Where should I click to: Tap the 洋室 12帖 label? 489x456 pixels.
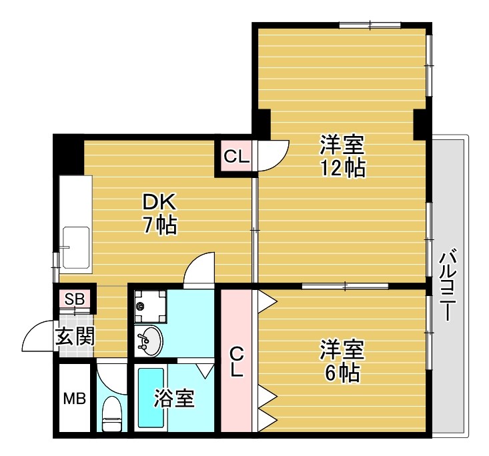(342, 155)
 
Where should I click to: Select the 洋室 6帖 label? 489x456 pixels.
(342, 361)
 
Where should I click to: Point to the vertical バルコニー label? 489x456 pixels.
(448, 285)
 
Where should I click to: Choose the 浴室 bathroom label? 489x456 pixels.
(174, 399)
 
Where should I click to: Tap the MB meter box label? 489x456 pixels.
(74, 399)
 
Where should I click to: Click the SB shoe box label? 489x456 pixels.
(74, 299)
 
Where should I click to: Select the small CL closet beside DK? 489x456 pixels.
(236, 157)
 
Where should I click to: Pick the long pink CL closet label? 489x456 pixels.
(236, 361)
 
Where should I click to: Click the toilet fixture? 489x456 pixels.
(111, 413)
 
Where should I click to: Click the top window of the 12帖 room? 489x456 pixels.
(370, 26)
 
